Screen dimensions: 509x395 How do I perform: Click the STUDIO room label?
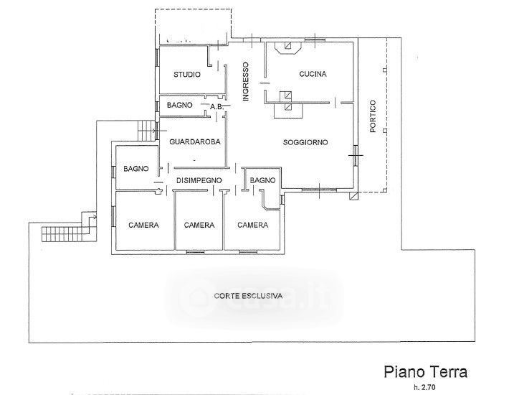click(187, 75)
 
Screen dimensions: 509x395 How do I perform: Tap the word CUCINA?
click(313, 74)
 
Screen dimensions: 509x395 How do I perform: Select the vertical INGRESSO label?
click(246, 82)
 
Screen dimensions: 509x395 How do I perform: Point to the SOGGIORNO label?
click(305, 142)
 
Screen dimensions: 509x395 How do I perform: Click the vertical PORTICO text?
click(373, 116)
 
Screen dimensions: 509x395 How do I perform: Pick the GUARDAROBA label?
click(195, 141)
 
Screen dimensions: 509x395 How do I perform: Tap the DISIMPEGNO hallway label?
click(199, 180)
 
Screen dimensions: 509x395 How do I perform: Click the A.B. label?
click(217, 106)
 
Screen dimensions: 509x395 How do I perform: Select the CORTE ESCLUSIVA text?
click(248, 296)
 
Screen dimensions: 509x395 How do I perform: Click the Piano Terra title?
click(426, 371)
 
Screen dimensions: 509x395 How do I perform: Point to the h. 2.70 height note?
click(424, 387)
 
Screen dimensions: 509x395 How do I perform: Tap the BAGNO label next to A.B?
click(179, 106)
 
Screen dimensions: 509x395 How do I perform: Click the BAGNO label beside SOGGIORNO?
click(262, 180)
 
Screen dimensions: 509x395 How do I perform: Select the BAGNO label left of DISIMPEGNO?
click(136, 169)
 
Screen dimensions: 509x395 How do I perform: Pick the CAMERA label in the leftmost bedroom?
click(143, 225)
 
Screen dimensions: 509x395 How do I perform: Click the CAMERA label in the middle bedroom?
click(199, 225)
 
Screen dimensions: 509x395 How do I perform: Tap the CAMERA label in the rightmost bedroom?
click(252, 225)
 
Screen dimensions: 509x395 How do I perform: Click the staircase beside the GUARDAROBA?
click(147, 131)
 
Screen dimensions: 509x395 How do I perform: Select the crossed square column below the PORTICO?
click(353, 196)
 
